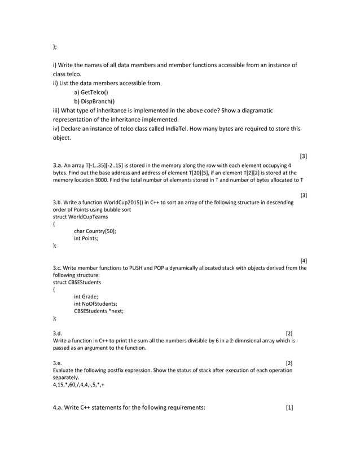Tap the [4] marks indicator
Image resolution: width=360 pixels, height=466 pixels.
[x=304, y=261]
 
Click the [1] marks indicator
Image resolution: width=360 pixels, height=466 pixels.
[x=289, y=408]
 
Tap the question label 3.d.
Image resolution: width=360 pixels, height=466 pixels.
[x=58, y=333]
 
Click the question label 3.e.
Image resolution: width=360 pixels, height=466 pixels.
[x=58, y=363]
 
